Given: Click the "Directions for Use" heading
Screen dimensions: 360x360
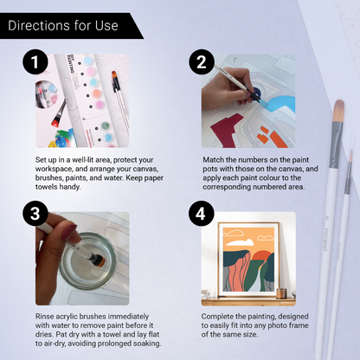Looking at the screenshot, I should pyautogui.click(x=62, y=25).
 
